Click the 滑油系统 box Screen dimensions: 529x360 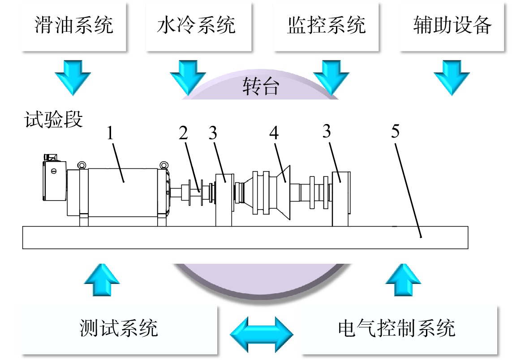tap(74, 27)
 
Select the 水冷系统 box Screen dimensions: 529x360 tap(199, 27)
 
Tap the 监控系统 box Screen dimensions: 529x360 tap(326, 27)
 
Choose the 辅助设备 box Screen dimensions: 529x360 tap(452, 27)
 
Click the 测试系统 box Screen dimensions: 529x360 tap(118, 330)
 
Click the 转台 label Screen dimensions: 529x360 tap(261, 86)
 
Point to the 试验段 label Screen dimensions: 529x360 tap(53, 120)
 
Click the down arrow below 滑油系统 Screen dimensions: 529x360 tap(73, 77)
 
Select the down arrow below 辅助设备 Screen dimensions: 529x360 tap(452, 77)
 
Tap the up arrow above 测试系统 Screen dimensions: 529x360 tap(102, 280)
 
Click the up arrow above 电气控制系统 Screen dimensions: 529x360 tap(403, 280)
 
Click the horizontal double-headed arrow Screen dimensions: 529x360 tap(262, 334)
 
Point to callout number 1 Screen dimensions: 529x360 tap(110, 133)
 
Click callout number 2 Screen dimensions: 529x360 tap(183, 133)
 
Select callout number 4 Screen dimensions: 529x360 tap(274, 133)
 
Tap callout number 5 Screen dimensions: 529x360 tap(396, 131)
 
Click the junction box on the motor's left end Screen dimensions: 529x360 tap(54, 178)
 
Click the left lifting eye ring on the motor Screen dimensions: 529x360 tap(82, 165)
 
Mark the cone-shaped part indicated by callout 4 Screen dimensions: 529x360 tap(283, 193)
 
